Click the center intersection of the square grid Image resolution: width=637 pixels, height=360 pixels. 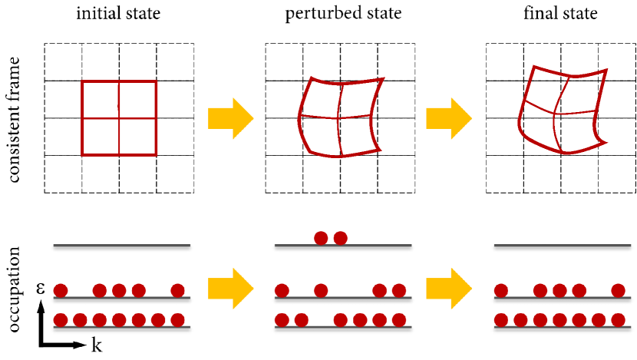[x=119, y=118]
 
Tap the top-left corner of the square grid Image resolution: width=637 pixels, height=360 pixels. [x=82, y=81]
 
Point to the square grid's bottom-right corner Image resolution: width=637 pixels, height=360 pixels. [x=156, y=155]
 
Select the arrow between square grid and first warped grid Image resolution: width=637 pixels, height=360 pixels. [x=230, y=118]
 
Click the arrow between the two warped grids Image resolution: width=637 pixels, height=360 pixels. [x=448, y=118]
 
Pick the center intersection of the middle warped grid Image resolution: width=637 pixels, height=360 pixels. [x=338, y=117]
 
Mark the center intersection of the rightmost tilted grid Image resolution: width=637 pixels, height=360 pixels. [x=554, y=114]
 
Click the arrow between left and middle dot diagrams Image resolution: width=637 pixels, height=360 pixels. [x=230, y=289]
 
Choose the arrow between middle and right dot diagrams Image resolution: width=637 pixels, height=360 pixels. [x=448, y=289]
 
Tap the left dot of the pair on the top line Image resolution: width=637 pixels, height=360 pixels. [x=321, y=238]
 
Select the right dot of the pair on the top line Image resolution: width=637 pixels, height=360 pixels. [x=341, y=238]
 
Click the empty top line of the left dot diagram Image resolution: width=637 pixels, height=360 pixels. [x=121, y=246]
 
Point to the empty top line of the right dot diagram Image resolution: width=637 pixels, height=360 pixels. [x=562, y=246]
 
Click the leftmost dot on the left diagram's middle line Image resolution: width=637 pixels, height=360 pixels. [x=61, y=290]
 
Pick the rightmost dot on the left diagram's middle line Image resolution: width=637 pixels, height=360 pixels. [x=178, y=290]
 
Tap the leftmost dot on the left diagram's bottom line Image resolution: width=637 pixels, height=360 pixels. [x=61, y=320]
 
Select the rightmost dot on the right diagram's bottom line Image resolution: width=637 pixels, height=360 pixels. [x=618, y=320]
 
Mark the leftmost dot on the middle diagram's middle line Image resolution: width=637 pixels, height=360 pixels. [x=282, y=290]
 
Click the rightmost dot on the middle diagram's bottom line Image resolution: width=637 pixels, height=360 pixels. [x=399, y=320]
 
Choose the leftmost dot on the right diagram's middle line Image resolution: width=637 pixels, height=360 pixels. [x=501, y=290]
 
